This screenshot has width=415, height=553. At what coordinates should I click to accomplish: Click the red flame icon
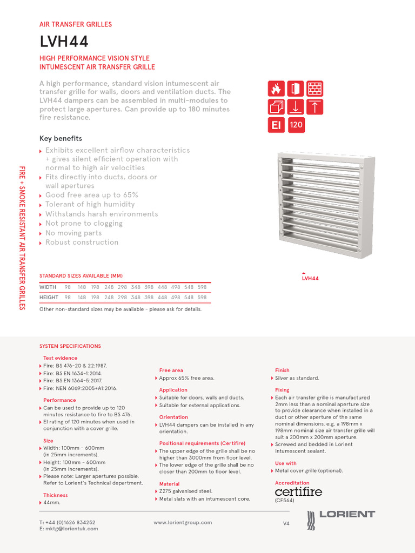pyautogui.click(x=277, y=89)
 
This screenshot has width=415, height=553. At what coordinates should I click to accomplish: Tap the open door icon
pyautogui.click(x=296, y=89)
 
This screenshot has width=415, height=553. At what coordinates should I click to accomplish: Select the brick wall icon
pyautogui.click(x=314, y=89)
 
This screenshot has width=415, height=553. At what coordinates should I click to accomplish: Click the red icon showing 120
pyautogui.click(x=296, y=125)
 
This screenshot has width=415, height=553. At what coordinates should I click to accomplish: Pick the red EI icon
pyautogui.click(x=277, y=125)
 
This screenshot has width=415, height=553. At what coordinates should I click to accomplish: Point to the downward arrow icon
pyautogui.click(x=296, y=107)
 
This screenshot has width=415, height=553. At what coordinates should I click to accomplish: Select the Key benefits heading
pyautogui.click(x=61, y=138)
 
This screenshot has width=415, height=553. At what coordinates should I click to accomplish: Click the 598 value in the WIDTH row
pyautogui.click(x=202, y=287)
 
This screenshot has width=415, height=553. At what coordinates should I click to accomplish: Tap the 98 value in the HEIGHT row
pyautogui.click(x=68, y=298)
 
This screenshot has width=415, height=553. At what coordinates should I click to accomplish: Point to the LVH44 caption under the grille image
pyautogui.click(x=310, y=279)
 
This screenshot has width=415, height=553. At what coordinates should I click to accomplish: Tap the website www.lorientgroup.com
pyautogui.click(x=183, y=522)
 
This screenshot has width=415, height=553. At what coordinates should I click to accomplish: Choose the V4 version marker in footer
pyautogui.click(x=286, y=524)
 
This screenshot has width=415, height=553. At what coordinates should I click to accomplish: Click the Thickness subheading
pyautogui.click(x=56, y=495)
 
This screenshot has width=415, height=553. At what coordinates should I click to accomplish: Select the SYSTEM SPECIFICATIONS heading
pyautogui.click(x=70, y=346)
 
